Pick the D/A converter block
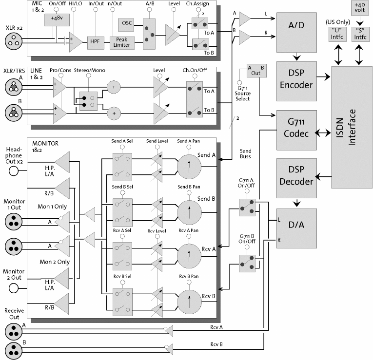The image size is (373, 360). [296, 227]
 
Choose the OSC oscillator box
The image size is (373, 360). [124, 23]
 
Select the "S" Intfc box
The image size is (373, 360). [360, 35]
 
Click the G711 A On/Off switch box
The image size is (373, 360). [247, 207]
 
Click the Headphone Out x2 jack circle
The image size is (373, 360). [14, 171]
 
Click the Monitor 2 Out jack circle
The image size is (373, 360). [14, 288]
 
